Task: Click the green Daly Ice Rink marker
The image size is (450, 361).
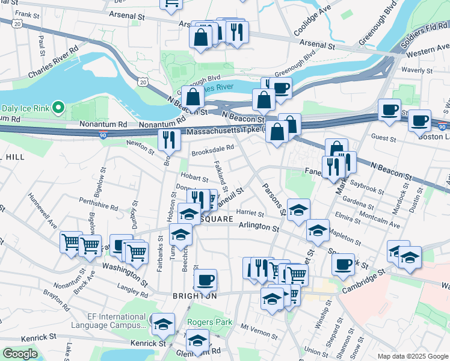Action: tap(58, 108)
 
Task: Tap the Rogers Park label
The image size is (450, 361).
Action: tap(209, 322)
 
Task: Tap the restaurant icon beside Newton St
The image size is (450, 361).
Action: tap(169, 140)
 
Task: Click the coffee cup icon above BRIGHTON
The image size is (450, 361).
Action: tap(206, 280)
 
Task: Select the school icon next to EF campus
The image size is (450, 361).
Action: tap(163, 324)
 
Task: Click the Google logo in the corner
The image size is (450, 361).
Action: tap(20, 354)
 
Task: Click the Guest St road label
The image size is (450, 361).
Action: tap(383, 138)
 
